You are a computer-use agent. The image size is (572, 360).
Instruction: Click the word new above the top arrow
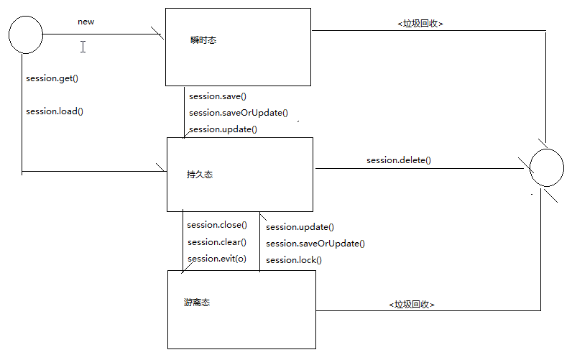[x=86, y=22]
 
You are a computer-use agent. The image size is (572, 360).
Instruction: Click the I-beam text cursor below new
[x=83, y=47]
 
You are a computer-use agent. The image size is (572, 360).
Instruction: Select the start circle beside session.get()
[x=25, y=34]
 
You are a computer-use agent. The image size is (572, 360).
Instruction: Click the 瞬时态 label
[x=203, y=40]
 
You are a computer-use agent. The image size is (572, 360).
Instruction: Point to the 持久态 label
[x=199, y=174]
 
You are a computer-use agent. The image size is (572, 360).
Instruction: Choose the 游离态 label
[x=196, y=303]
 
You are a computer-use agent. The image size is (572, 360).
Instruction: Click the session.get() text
[x=52, y=78]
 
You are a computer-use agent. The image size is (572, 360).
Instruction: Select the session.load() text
[x=55, y=111]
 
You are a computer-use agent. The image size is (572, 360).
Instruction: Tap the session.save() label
[x=218, y=96]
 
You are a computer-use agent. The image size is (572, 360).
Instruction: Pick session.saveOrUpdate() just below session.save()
[x=238, y=113]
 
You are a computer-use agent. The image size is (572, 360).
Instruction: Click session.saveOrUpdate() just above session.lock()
[x=315, y=244]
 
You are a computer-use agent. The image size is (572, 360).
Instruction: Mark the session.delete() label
[x=398, y=160]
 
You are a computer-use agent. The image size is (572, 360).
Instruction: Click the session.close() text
[x=216, y=225]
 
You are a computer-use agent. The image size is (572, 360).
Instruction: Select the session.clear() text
[x=216, y=242]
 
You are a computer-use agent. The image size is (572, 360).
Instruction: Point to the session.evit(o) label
[x=216, y=259]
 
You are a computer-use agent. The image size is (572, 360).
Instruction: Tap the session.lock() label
[x=293, y=260]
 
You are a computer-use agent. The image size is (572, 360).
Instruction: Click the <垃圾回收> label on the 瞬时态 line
[x=420, y=23]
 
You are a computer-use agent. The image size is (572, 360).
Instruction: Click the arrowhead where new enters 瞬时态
[x=160, y=34]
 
